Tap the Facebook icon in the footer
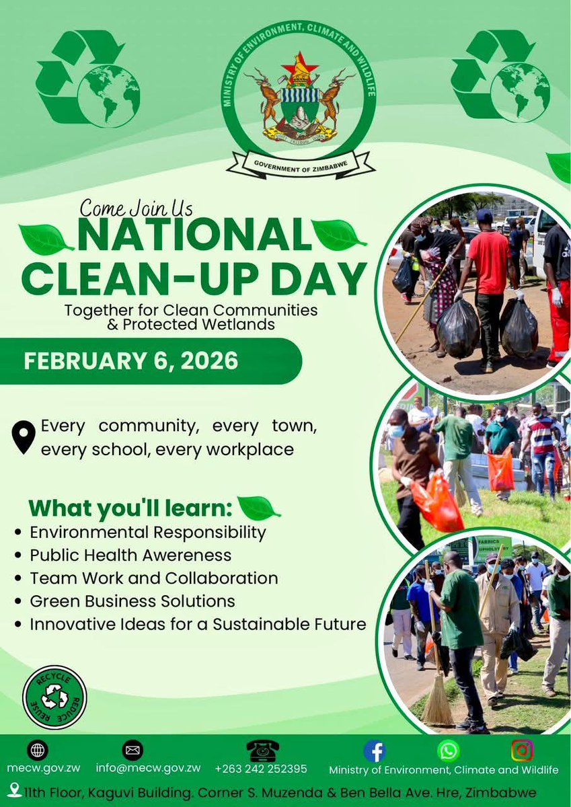point(375,750)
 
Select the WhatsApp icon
point(448,750)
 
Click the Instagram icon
point(522,750)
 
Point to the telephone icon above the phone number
point(261,750)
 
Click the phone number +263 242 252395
point(261,769)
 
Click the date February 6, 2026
point(131,361)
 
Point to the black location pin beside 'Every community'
point(24,436)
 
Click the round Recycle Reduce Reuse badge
point(54,697)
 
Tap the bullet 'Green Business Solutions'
point(132,601)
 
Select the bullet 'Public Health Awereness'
point(130,555)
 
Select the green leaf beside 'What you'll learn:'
point(259,508)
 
